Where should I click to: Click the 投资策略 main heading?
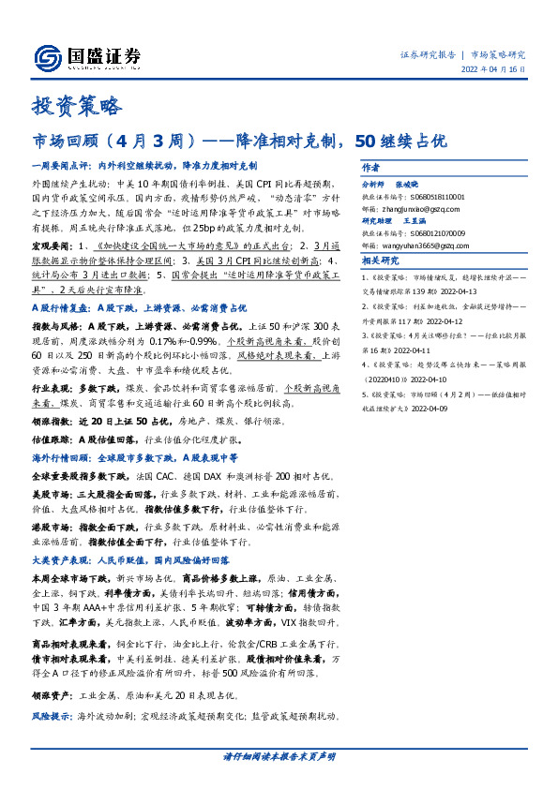77,106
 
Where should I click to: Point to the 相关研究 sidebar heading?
380,261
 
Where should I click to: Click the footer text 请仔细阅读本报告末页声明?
279,755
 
